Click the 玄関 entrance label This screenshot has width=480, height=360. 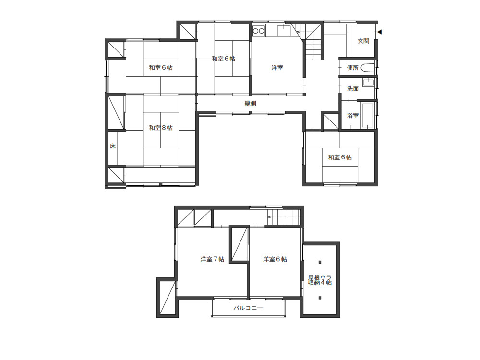tap(363, 41)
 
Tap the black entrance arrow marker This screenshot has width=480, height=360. tap(380, 32)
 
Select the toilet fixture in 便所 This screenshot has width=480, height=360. tap(367, 68)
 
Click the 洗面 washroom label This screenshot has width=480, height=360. tap(353, 89)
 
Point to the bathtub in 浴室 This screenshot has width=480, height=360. tap(368, 115)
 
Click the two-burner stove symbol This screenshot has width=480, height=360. tap(259, 31)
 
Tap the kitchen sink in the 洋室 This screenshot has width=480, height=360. tap(284, 31)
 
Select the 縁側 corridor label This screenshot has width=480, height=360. tap(251, 104)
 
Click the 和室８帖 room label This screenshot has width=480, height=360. tap(161, 128)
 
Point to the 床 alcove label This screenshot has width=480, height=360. tap(113, 146)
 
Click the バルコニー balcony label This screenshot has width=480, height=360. tap(248, 308)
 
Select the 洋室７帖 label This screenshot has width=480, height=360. tap(213, 259)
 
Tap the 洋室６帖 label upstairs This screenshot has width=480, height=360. tap(275, 259)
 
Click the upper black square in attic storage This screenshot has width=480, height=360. tap(320, 262)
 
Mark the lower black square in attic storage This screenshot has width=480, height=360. tap(320, 298)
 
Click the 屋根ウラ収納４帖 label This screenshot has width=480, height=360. tap(320, 280)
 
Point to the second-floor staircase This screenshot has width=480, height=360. tap(284, 217)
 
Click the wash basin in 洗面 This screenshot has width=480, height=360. tap(368, 83)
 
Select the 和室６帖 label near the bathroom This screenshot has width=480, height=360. tap(340, 157)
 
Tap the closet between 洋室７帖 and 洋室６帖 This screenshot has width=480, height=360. tap(239, 244)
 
